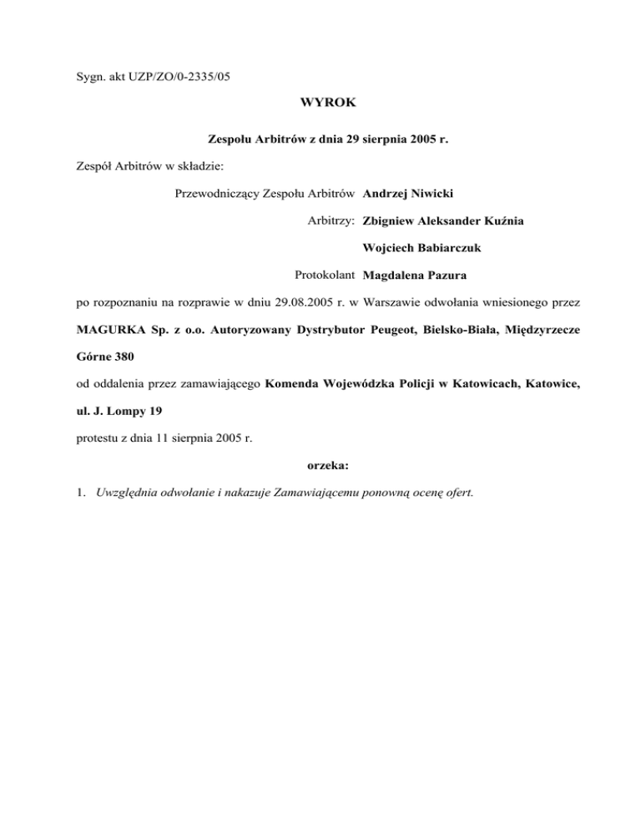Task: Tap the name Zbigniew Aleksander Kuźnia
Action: pyautogui.click(x=444, y=221)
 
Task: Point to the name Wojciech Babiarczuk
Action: pyautogui.click(x=422, y=248)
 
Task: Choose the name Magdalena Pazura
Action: pyautogui.click(x=415, y=275)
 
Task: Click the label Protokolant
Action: pyautogui.click(x=326, y=275)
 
